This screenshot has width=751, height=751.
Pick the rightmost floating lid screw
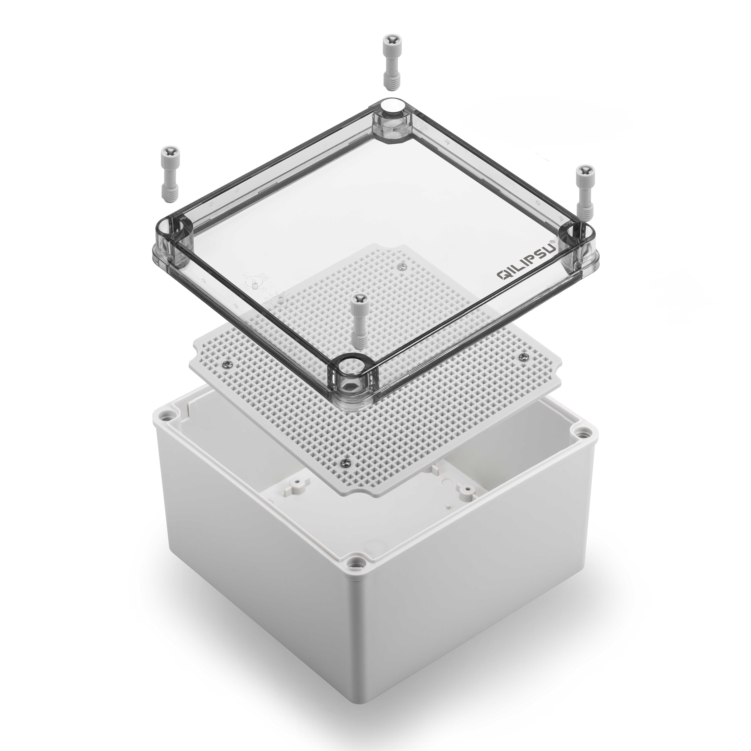(x=584, y=189)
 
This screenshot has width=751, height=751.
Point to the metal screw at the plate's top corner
(x=402, y=265)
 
